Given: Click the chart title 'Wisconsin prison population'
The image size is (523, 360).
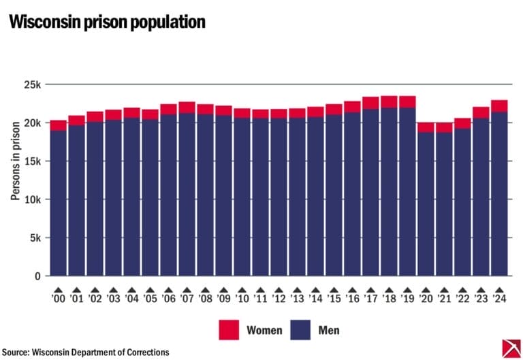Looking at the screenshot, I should tap(107, 22).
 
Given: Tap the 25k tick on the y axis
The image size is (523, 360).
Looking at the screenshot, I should tap(33, 85).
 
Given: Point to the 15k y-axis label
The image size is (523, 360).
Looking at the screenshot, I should tap(33, 161).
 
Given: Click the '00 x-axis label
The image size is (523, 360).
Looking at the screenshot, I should tap(59, 299).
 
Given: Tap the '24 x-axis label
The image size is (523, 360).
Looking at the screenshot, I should tap(499, 299).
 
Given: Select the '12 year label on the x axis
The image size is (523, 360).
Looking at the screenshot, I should tap(279, 299).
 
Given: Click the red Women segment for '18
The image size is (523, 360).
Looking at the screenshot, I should tap(389, 102).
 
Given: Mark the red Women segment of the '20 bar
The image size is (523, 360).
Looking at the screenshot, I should tap(426, 127).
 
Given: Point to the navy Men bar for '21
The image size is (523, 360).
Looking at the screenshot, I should tap(444, 204).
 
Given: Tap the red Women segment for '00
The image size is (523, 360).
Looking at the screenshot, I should tap(59, 125).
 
